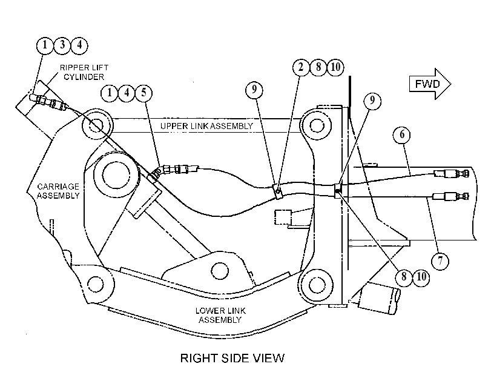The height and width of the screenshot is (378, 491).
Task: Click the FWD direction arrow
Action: [x=430, y=84]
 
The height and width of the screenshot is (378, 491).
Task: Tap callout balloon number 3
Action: [x=62, y=45]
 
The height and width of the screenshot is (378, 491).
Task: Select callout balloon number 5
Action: [x=143, y=93]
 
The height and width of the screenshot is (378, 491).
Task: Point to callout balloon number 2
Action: [x=301, y=67]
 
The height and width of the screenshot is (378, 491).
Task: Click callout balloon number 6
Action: [x=402, y=134]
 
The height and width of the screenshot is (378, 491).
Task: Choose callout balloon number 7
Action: [x=440, y=260]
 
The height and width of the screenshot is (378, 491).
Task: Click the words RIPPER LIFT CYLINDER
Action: [x=84, y=72]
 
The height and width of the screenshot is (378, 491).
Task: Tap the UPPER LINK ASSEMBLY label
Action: [x=206, y=126]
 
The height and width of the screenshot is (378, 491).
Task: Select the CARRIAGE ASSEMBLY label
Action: [x=58, y=191]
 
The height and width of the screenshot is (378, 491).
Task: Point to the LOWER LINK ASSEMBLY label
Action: [x=220, y=315]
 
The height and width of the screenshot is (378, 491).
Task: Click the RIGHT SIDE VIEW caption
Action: [x=232, y=358]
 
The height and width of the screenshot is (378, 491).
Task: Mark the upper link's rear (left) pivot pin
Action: [x=96, y=125]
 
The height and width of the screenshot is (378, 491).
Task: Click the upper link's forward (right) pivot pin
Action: [x=316, y=125]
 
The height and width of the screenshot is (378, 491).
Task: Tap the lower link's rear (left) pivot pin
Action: [x=96, y=284]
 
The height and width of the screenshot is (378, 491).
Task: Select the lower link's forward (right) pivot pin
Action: [x=316, y=285]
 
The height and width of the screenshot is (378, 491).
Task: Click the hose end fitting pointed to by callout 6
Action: [x=451, y=173]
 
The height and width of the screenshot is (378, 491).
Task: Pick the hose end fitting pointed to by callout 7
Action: [x=450, y=196]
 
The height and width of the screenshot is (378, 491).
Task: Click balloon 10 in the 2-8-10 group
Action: [x=335, y=67]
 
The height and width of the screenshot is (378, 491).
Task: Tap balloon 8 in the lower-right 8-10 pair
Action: [x=404, y=277]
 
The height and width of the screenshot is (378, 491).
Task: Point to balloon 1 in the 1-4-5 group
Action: [x=110, y=93]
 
